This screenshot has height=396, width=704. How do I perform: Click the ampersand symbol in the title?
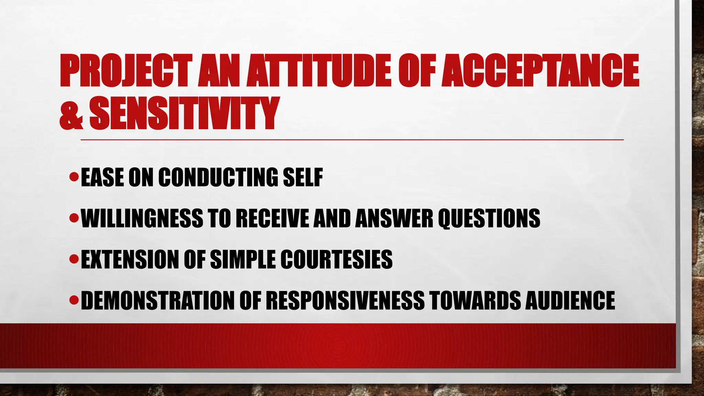[71, 113]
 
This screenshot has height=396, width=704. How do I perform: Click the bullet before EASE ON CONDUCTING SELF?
[74, 177]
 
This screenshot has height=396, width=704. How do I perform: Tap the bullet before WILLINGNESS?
[74, 218]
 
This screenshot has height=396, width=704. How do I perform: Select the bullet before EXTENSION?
[74, 259]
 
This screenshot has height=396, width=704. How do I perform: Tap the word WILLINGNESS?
[142, 218]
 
